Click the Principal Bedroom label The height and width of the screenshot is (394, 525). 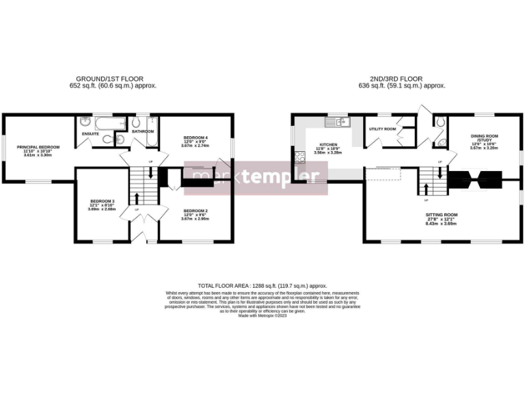38,147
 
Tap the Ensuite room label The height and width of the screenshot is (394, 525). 90,134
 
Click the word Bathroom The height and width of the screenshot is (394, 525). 143,131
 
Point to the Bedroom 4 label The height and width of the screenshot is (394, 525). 196,137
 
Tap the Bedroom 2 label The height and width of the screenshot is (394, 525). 196,211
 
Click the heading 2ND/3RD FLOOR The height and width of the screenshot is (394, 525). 402,79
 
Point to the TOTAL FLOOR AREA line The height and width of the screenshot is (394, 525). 262,285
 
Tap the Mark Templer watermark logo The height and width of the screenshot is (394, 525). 256,177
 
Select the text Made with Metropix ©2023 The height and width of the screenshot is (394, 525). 262,315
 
